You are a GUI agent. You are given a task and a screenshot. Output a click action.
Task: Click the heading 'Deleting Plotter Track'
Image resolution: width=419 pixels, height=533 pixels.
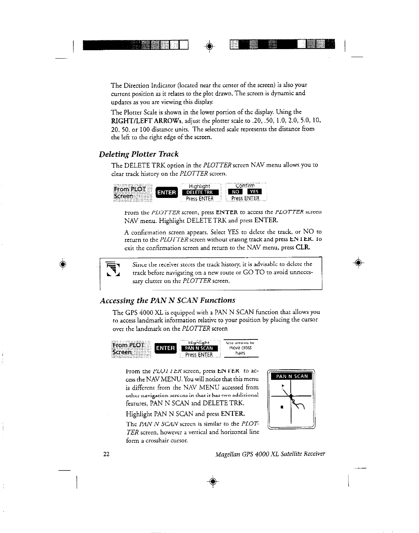[x=138, y=154]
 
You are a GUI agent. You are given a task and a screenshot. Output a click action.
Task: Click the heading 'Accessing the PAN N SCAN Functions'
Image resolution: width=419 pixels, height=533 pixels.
[x=167, y=301]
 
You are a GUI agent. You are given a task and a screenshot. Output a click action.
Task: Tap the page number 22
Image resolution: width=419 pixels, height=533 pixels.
[x=106, y=454]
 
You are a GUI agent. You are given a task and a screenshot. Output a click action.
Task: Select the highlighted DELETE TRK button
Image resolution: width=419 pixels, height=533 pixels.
[x=200, y=192]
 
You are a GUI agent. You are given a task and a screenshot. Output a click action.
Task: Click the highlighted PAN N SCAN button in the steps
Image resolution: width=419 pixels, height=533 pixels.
[x=199, y=348]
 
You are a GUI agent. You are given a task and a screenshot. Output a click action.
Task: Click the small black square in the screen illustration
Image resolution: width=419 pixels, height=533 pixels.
[x=281, y=407]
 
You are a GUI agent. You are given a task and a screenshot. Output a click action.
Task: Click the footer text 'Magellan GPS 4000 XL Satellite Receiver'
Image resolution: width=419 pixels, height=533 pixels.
[x=270, y=454]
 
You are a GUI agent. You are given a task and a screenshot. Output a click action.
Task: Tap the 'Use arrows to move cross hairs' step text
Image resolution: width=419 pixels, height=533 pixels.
[x=240, y=348]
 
